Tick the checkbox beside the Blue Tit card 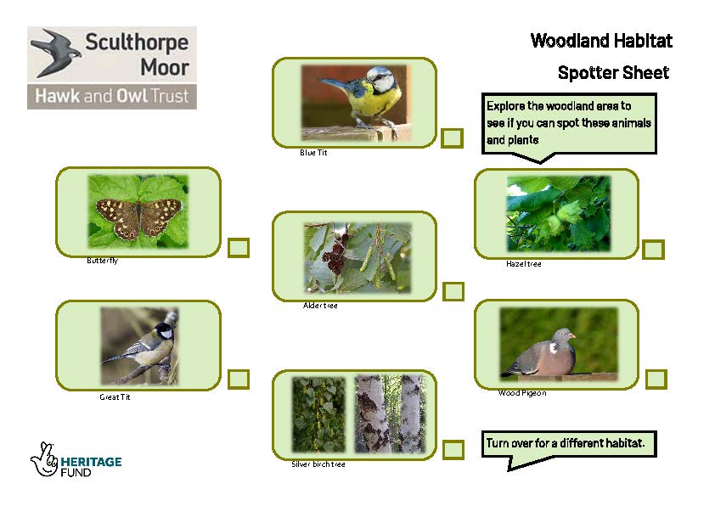[452, 138]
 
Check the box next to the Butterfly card [239, 248]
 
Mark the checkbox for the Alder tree [453, 291]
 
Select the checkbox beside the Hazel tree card [653, 250]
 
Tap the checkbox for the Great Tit [239, 379]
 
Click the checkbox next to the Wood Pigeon [656, 379]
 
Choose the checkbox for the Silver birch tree [453, 450]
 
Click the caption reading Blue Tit [313, 153]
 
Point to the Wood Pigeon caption [522, 393]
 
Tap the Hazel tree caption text [523, 263]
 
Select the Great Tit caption [115, 397]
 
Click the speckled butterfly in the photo [138, 218]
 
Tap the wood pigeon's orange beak [572, 336]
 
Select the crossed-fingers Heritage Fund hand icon [44, 459]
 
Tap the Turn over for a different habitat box [569, 444]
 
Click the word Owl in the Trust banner [132, 96]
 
